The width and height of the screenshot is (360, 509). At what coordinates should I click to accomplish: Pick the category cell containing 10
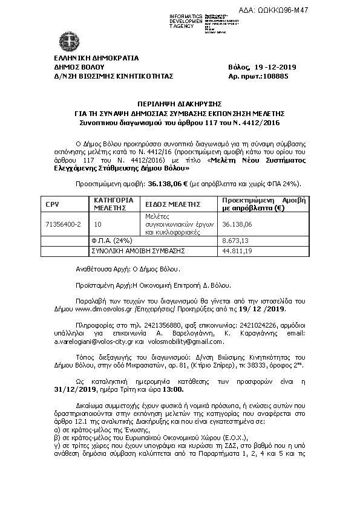tap(98, 224)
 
